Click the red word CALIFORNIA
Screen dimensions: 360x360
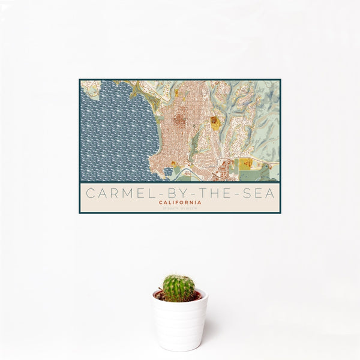coord(180,203)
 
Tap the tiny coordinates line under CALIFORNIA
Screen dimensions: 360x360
coord(180,208)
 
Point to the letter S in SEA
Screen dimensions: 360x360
coord(243,193)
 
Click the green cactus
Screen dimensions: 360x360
coord(179,288)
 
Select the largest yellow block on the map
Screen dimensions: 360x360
coord(246,164)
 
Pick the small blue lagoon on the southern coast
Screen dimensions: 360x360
coord(168,171)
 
